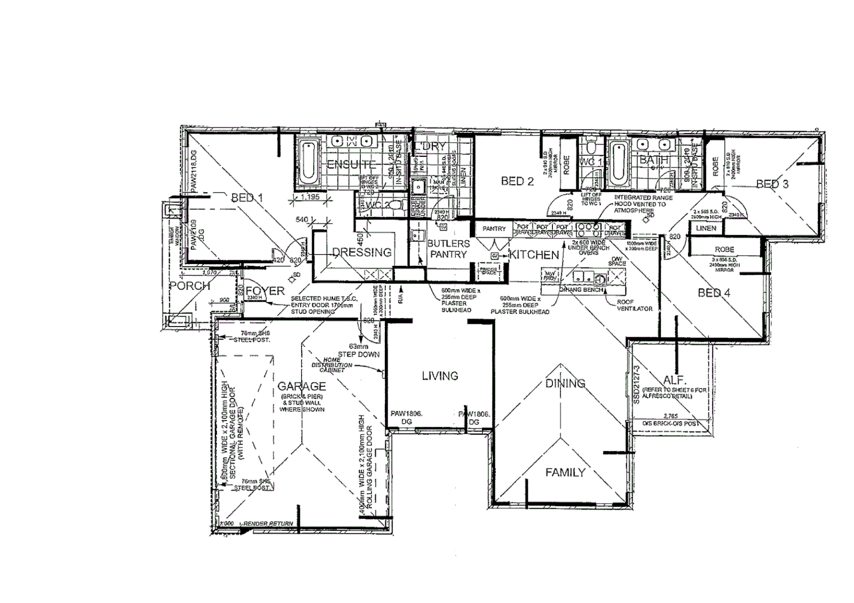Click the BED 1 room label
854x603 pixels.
pyautogui.click(x=247, y=198)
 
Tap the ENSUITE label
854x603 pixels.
pyautogui.click(x=351, y=164)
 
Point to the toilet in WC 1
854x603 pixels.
pyautogui.click(x=590, y=149)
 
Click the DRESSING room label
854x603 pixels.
pyautogui.click(x=362, y=252)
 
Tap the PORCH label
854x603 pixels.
pyautogui.click(x=190, y=286)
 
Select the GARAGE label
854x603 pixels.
pyautogui.click(x=302, y=386)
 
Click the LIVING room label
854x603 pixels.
pyautogui.click(x=440, y=376)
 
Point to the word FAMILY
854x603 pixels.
pyautogui.click(x=565, y=472)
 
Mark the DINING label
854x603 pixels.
pyautogui.click(x=565, y=383)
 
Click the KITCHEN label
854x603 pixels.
pyautogui.click(x=534, y=255)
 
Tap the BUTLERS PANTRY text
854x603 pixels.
pyautogui.click(x=448, y=249)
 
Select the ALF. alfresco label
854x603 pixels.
pyautogui.click(x=670, y=379)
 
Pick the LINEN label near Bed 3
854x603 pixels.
pyautogui.click(x=706, y=228)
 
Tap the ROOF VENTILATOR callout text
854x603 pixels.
pyautogui.click(x=634, y=305)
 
